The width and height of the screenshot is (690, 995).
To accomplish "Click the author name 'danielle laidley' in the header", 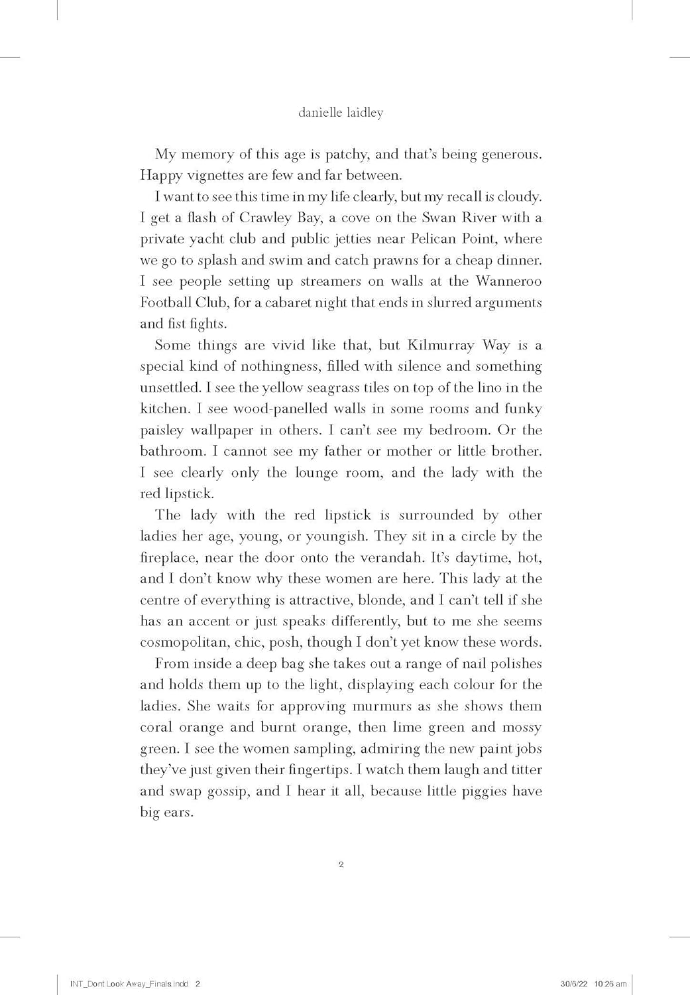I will pos(341,113).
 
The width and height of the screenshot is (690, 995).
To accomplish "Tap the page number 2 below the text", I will pos(341,864).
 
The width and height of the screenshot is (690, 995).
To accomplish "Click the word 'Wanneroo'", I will pos(508,281).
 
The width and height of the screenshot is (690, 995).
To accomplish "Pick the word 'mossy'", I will pos(522,727).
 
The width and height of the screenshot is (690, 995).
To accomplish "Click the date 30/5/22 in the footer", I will pos(569,984).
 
